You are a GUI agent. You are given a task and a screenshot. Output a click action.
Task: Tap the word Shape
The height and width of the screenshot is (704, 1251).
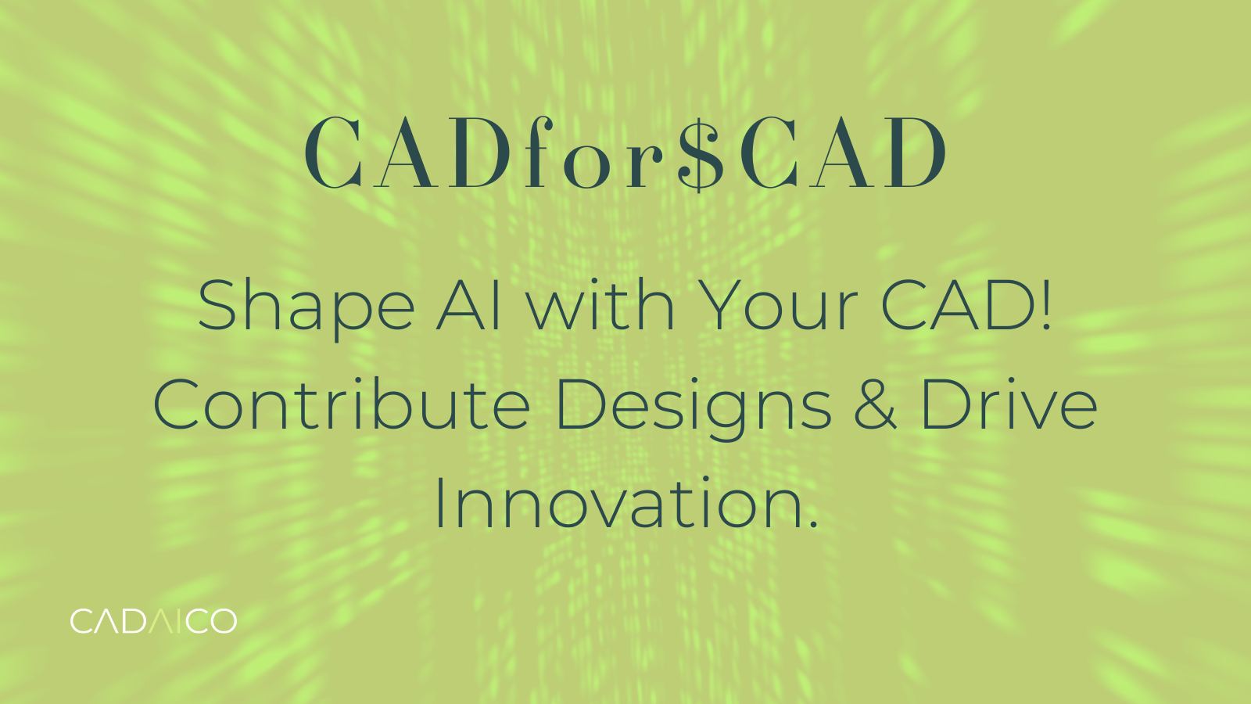pyautogui.click(x=306, y=307)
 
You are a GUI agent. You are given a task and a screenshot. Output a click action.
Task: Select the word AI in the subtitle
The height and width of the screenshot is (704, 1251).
pyautogui.click(x=468, y=305)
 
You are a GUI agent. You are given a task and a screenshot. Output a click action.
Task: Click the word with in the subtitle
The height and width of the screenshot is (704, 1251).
pyautogui.click(x=600, y=305)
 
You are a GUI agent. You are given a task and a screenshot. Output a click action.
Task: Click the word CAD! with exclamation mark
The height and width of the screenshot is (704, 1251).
pyautogui.click(x=966, y=305)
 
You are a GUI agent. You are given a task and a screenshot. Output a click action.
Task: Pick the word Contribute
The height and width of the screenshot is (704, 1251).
pyautogui.click(x=342, y=405)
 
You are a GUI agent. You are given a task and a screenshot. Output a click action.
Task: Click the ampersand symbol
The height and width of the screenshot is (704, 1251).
pyautogui.click(x=875, y=405)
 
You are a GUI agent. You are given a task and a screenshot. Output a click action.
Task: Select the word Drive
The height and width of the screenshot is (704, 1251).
pyautogui.click(x=1009, y=405)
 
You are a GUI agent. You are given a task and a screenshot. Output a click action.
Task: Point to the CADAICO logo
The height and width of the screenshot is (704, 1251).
pyautogui.click(x=153, y=621)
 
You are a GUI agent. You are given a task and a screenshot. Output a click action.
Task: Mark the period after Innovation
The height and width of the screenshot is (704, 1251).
pyautogui.click(x=813, y=526)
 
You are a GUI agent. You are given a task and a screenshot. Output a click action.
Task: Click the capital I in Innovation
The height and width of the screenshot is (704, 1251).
pyautogui.click(x=439, y=505)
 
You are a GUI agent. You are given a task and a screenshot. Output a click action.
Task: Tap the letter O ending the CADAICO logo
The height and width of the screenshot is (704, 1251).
pyautogui.click(x=222, y=621)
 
